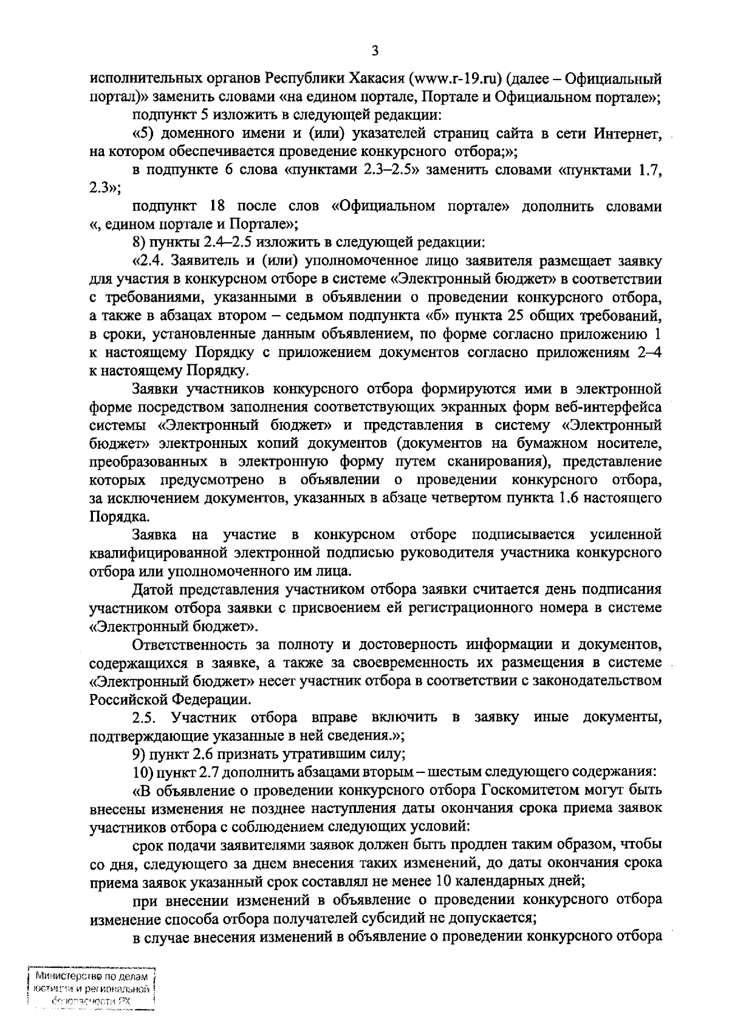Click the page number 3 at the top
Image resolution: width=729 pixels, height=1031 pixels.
click(375, 51)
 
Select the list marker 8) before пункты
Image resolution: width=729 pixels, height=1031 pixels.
click(140, 243)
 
